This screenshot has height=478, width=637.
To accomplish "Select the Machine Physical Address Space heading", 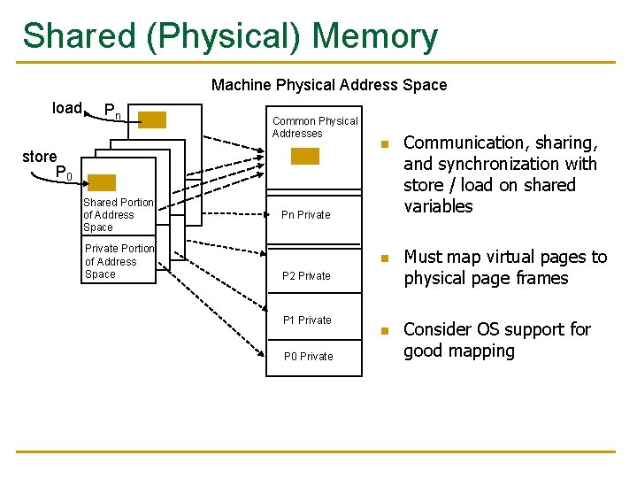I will click(329, 85).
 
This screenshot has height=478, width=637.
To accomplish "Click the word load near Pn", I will click(67, 108).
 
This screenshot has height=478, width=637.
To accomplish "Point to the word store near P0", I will click(39, 157).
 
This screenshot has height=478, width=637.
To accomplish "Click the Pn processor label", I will click(112, 112).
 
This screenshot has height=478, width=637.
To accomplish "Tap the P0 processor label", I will click(64, 173).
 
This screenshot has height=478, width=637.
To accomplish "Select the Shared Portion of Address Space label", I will click(118, 215).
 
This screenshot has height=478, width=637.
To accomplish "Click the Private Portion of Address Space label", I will click(119, 261).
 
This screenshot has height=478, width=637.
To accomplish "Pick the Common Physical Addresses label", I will click(314, 127).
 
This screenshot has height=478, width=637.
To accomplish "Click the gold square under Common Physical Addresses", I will click(305, 156).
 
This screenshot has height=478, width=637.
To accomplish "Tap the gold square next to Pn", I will click(152, 120).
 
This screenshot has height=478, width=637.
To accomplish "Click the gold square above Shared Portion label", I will click(102, 183).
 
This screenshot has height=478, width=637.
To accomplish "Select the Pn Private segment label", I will click(305, 215).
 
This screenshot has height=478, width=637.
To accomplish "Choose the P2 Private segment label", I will click(306, 275).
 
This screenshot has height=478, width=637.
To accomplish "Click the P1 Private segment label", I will click(307, 320).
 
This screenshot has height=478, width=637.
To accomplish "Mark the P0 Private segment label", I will click(308, 357).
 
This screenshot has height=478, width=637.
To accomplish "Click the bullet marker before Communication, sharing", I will click(384, 144).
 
